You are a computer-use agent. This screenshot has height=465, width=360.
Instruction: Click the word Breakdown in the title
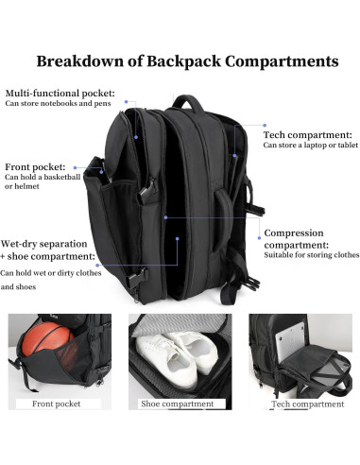click(x=79, y=61)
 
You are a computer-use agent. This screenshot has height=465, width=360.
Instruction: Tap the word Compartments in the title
click(x=283, y=61)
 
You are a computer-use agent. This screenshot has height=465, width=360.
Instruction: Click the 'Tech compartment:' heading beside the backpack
click(x=304, y=135)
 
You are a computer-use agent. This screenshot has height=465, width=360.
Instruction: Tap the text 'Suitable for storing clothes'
click(x=311, y=254)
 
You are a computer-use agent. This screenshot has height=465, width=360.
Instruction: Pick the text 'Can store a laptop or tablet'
click(x=310, y=146)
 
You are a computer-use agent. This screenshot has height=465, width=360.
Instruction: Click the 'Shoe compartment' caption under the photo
click(x=179, y=405)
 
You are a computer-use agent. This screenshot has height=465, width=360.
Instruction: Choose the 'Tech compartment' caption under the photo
click(x=307, y=405)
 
